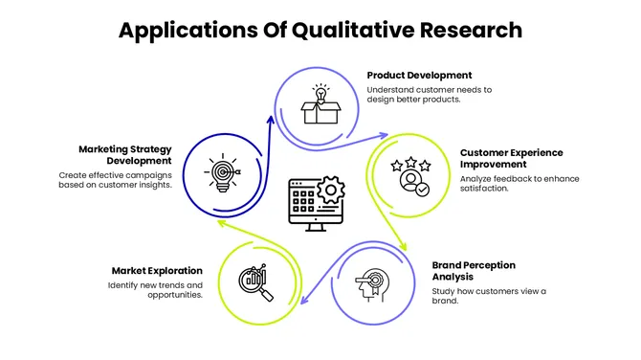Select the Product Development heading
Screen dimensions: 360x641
[x=419, y=75]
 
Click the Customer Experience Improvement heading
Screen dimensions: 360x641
[x=511, y=158]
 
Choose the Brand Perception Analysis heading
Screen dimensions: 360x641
[x=474, y=271]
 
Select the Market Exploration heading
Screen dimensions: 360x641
[x=157, y=271]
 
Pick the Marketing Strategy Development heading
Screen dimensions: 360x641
[x=124, y=154]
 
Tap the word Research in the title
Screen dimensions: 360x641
[x=469, y=30]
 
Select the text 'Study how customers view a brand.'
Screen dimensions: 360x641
[x=489, y=296]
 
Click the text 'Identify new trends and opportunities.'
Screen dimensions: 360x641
[x=156, y=290]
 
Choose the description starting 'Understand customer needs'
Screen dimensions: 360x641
[x=429, y=94]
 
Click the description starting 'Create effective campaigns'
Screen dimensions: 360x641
[x=115, y=180]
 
